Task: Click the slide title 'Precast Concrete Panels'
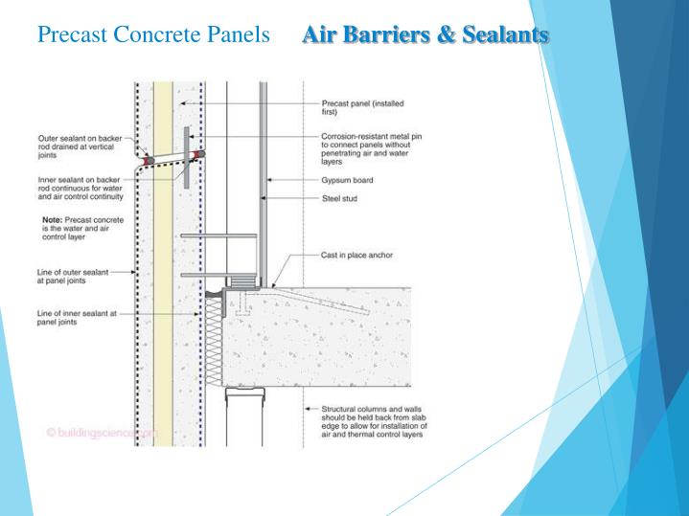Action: (153, 36)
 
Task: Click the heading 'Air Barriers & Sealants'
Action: (425, 36)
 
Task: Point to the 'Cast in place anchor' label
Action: (356, 257)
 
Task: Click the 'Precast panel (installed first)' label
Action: (355, 107)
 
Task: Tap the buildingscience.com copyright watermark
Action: (100, 434)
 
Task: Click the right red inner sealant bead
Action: (200, 154)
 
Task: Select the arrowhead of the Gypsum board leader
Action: (269, 179)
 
